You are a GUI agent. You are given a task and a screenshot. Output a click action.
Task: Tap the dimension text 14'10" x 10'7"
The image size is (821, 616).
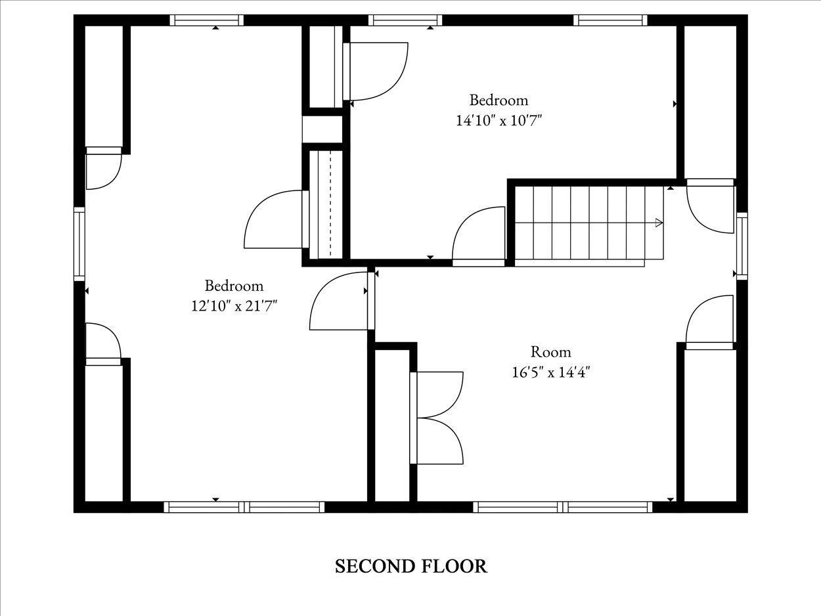pos(499,120)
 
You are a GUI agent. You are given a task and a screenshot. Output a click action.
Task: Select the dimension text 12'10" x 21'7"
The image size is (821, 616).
pos(234,306)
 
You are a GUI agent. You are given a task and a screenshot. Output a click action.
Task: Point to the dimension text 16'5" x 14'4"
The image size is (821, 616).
pos(550,372)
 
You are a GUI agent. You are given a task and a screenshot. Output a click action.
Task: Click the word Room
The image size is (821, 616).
pos(550,352)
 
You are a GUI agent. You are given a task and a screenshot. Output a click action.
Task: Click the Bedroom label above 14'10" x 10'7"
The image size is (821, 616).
pos(499,100)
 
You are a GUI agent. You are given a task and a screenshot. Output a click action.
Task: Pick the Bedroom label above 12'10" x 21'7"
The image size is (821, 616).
pos(234,286)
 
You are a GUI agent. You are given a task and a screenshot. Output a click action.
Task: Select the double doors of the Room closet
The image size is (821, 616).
pos(437,418)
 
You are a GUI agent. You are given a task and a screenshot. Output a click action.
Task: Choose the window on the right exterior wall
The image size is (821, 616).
pos(742,246)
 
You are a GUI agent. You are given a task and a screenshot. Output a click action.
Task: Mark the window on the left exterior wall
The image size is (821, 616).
pos(79,244)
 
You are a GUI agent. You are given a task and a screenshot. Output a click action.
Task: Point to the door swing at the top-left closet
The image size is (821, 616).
pos(104,168)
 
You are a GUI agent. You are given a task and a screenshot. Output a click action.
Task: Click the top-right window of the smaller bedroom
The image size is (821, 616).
pos(610,20)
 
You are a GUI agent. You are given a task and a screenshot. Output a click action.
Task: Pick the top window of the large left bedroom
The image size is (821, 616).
pos(206,20)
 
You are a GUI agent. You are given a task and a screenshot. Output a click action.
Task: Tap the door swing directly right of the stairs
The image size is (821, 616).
pos(711,206)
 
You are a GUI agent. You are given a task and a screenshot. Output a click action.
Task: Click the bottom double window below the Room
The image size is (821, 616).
pos(563,507)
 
